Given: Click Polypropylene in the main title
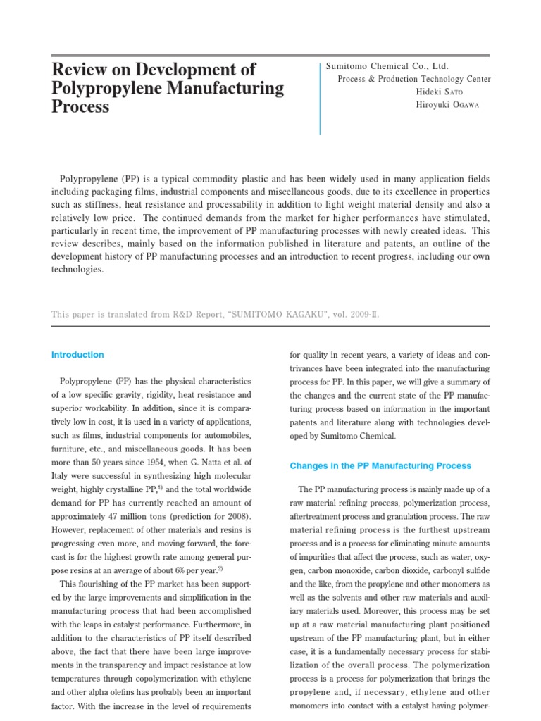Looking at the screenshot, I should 108,89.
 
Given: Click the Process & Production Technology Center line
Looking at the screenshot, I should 414,79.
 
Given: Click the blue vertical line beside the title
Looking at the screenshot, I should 321,98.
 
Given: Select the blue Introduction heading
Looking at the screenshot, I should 77,355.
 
